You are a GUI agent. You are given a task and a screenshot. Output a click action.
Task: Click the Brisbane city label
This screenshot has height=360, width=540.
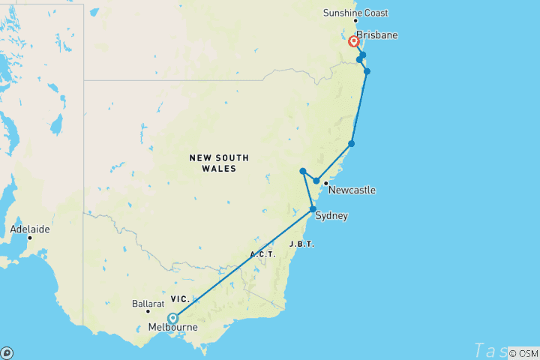click(376, 35)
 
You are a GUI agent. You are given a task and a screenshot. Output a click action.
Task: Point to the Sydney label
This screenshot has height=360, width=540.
click(331, 216)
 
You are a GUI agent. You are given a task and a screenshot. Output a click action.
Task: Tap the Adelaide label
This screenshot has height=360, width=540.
click(30, 228)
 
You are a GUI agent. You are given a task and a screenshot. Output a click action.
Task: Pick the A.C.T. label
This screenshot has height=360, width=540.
click(262, 254)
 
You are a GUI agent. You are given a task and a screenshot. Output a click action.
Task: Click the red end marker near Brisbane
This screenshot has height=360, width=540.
click(354, 41)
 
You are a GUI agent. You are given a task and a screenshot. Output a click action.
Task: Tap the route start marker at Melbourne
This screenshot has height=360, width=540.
click(173, 317)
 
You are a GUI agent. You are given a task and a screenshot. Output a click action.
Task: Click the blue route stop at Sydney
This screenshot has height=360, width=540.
click(313, 209)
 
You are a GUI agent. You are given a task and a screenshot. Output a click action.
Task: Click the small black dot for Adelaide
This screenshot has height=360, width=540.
click(30, 238)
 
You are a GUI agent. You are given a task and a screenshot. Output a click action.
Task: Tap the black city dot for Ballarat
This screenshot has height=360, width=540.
click(148, 312)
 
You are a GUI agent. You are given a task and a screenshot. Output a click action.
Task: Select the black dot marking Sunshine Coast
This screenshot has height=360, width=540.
click(355, 20)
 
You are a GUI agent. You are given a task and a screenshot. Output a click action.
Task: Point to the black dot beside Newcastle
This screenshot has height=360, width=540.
click(325, 183)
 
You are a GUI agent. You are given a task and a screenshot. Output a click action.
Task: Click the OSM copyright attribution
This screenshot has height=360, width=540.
click(523, 353)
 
